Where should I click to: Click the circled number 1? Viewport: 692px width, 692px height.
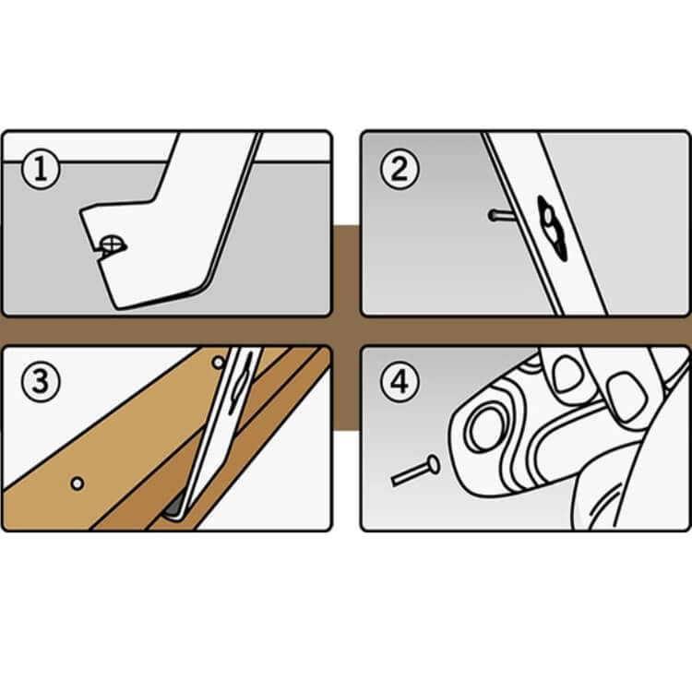pyautogui.click(x=41, y=169)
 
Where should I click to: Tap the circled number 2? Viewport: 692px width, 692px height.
pyautogui.click(x=400, y=169)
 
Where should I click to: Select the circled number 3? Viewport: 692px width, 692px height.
pyautogui.click(x=41, y=382)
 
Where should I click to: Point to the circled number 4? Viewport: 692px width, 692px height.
pyautogui.click(x=400, y=382)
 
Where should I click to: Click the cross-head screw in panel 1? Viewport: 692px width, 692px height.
pyautogui.click(x=112, y=245)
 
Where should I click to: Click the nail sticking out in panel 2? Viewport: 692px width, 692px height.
pyautogui.click(x=500, y=215)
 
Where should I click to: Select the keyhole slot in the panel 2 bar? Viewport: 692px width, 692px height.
pyautogui.click(x=552, y=228)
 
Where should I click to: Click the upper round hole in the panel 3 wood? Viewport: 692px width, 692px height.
pyautogui.click(x=219, y=363)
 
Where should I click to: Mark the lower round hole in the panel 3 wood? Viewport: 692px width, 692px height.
pyautogui.click(x=78, y=483)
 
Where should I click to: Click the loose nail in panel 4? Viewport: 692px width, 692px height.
pyautogui.click(x=415, y=471)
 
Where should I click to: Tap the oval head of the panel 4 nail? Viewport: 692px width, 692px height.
pyautogui.click(x=434, y=464)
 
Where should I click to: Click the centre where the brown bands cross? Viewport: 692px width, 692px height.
pyautogui.click(x=346, y=330)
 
